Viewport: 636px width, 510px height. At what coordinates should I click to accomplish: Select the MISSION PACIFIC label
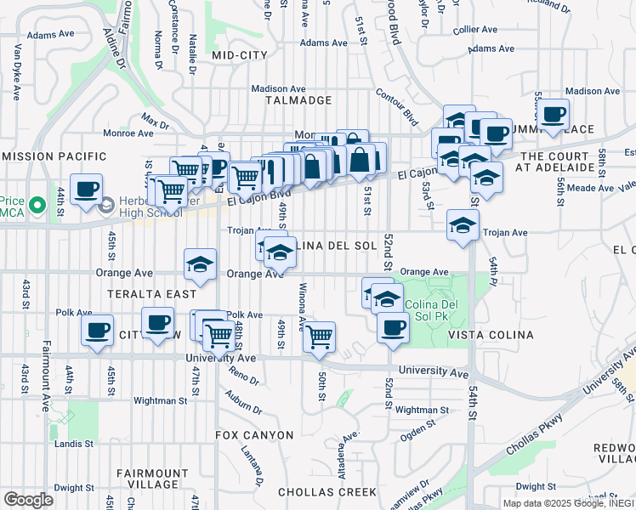coord(54,157)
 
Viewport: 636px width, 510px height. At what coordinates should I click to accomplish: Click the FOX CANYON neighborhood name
coord(254,435)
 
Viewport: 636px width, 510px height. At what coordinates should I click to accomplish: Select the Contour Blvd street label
coord(398,108)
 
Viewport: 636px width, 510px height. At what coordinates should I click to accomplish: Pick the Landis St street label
coord(76,444)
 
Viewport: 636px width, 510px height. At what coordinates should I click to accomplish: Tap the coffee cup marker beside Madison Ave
coord(553,114)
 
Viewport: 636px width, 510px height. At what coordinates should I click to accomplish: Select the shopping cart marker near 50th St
coord(319,336)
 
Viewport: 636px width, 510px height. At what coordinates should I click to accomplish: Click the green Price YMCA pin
coord(36,205)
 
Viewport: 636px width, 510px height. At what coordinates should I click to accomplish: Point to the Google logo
coord(28,500)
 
